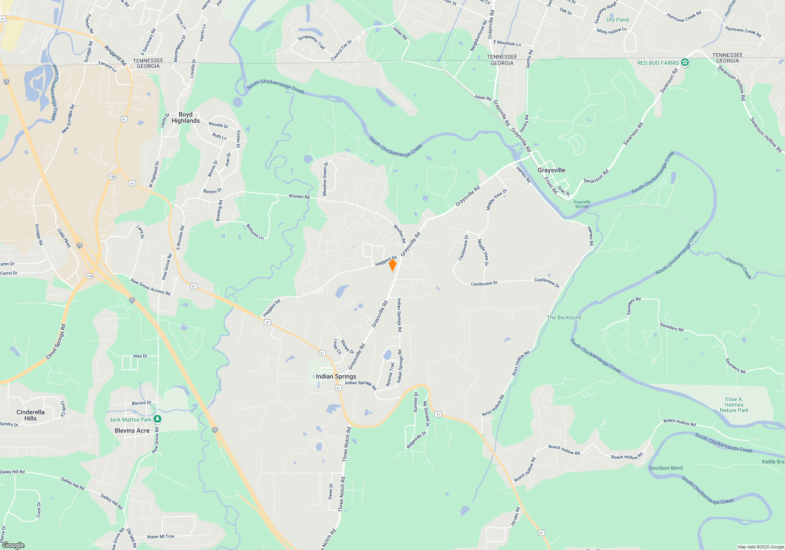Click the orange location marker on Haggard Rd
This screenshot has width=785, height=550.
click(x=392, y=265)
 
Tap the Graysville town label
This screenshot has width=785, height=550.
click(x=551, y=170)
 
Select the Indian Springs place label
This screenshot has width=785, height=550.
click(x=336, y=376)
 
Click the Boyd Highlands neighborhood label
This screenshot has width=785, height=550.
click(x=185, y=117)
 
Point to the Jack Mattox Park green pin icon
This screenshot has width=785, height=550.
click(x=157, y=419)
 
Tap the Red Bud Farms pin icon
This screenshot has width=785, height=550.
click(x=685, y=62)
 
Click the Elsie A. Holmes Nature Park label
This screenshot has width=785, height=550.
click(x=734, y=405)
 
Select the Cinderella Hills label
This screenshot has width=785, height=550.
click(x=30, y=415)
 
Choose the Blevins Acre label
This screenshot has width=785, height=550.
click(x=132, y=431)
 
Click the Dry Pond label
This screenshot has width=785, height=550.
click(x=617, y=20)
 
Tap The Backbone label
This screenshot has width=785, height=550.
click(x=564, y=317)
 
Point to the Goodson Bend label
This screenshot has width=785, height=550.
click(x=666, y=468)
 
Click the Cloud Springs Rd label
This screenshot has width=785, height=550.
click(x=56, y=341)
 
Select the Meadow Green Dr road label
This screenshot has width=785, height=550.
click(x=325, y=179)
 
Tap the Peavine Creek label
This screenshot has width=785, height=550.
click(x=738, y=268)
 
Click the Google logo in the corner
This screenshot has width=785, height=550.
click(x=13, y=545)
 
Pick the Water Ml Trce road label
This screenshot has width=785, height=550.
click(x=161, y=537)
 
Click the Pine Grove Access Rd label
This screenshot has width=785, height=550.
click(x=150, y=287)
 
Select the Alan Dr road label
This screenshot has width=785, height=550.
click(x=140, y=356)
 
